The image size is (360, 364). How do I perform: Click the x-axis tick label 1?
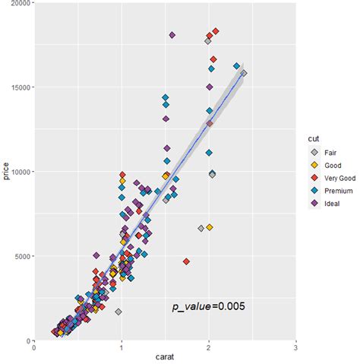[122, 348]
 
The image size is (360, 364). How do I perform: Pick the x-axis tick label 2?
[208, 348]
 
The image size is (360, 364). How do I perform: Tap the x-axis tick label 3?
[295, 348]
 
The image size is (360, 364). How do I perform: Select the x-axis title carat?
[165, 359]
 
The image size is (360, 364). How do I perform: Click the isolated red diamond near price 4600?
[186, 263]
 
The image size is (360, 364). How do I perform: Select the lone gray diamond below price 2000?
[118, 312]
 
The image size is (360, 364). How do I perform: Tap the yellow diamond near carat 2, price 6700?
[210, 227]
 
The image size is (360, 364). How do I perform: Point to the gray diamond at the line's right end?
[244, 74]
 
